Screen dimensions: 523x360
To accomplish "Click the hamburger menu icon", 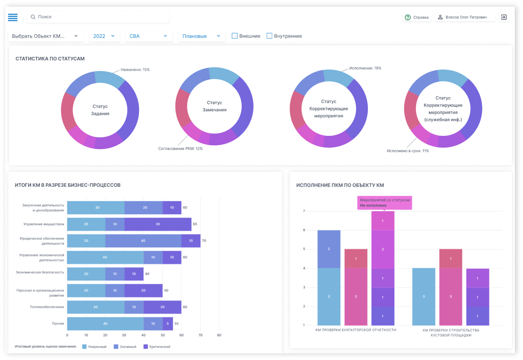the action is [x=13, y=17].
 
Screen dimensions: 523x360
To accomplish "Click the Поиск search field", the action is [x=98, y=17].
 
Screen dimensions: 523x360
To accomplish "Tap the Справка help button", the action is [x=417, y=17].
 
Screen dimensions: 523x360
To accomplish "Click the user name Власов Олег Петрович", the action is [x=466, y=17].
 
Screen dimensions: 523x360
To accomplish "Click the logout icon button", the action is [x=504, y=17].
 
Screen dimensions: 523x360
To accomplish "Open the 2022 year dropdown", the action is [x=104, y=36].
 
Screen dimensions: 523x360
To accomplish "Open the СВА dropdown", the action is [x=149, y=36].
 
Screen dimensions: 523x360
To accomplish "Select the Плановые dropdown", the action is [x=202, y=36].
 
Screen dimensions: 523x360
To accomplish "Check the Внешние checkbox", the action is [x=235, y=36].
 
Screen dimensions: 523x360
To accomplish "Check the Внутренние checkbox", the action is [x=269, y=36].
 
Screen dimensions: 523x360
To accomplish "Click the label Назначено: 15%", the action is [x=135, y=70].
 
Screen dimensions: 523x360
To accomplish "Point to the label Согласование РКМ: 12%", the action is [x=180, y=149].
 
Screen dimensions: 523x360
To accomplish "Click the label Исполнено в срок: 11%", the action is [x=408, y=151].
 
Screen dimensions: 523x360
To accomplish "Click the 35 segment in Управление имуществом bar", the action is [x=158, y=224].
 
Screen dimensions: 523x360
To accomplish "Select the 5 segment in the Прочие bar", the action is [x=168, y=324].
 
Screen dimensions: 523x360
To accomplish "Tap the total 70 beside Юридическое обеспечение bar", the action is [x=204, y=241].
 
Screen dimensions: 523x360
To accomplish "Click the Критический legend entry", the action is [x=157, y=347].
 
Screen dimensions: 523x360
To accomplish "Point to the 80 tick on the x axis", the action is [x=219, y=335].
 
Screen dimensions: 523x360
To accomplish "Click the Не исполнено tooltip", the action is [x=385, y=203].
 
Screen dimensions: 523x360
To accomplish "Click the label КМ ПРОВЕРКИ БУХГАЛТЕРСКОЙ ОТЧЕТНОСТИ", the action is [x=355, y=330].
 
